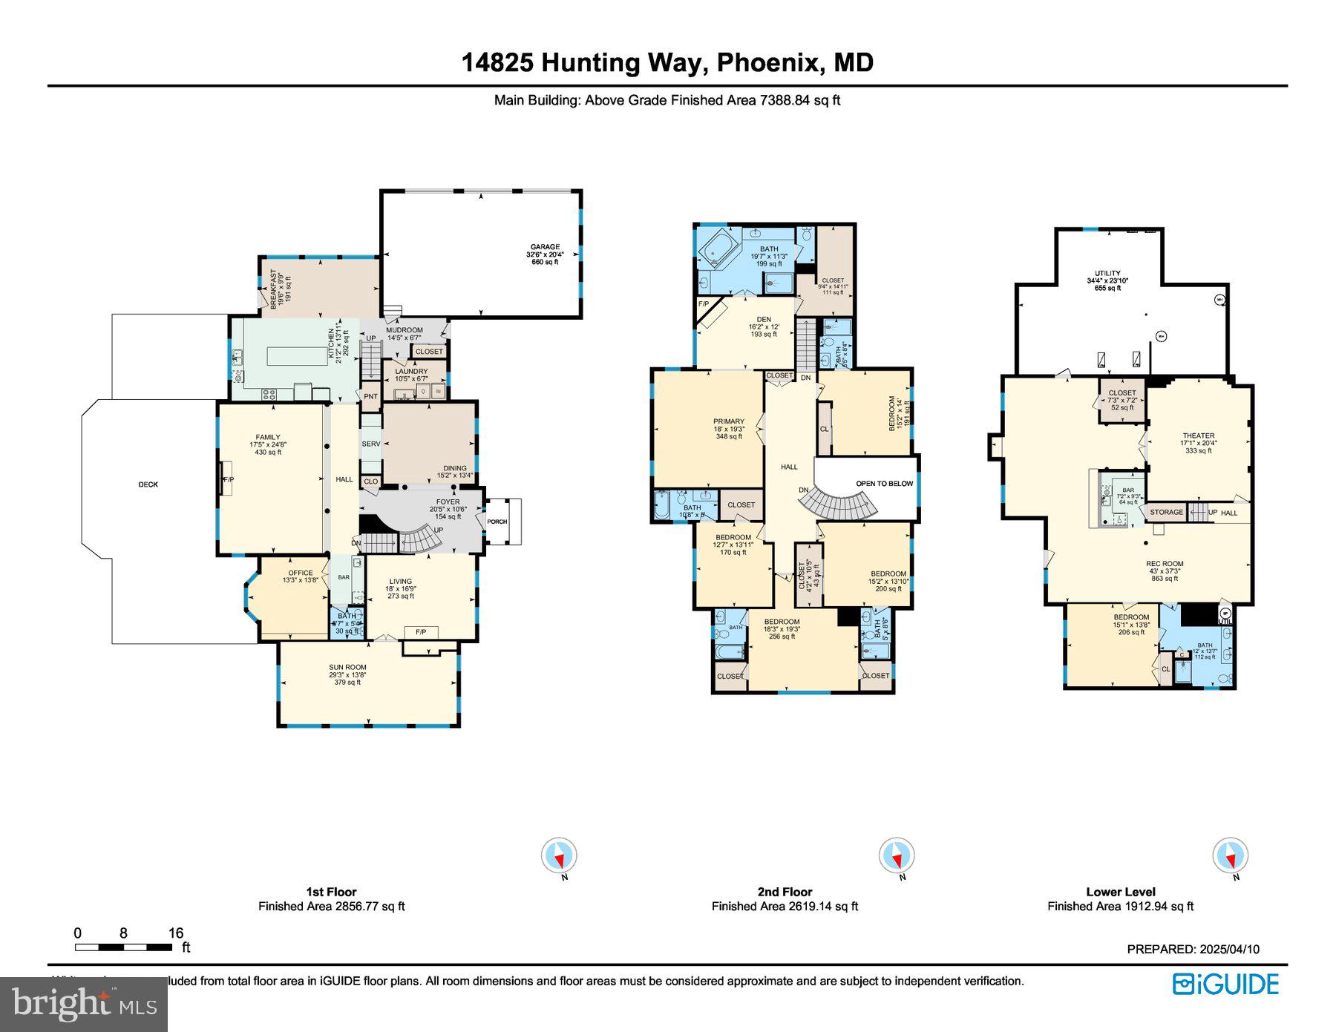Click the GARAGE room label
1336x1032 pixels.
tap(545, 247)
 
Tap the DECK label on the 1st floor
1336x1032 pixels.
tap(148, 484)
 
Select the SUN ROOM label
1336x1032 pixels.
tap(347, 667)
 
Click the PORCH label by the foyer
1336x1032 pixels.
tap(497, 522)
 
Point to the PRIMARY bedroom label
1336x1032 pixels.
tap(729, 421)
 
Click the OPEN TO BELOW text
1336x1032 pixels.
tap(884, 484)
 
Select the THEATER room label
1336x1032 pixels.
tap(1199, 436)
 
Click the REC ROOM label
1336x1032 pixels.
tap(1164, 564)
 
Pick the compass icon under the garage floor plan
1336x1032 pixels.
tap(559, 856)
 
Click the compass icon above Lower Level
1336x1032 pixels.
tap(1230, 856)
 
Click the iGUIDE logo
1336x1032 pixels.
tap(1225, 985)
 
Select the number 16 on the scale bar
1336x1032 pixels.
tap(175, 933)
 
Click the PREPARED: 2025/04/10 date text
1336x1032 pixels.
tap(1193, 949)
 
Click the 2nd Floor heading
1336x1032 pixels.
tap(785, 892)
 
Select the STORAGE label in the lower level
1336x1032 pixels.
tap(1166, 512)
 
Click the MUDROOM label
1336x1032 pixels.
tap(404, 330)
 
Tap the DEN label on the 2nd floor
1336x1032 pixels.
tap(764, 319)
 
